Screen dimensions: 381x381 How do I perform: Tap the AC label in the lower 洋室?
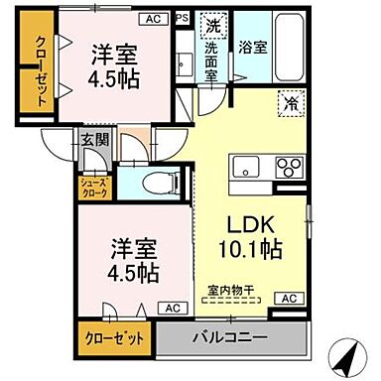click(145, 308)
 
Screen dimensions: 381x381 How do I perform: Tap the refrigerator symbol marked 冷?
click(292, 100)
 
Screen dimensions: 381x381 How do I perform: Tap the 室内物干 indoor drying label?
click(230, 291)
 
